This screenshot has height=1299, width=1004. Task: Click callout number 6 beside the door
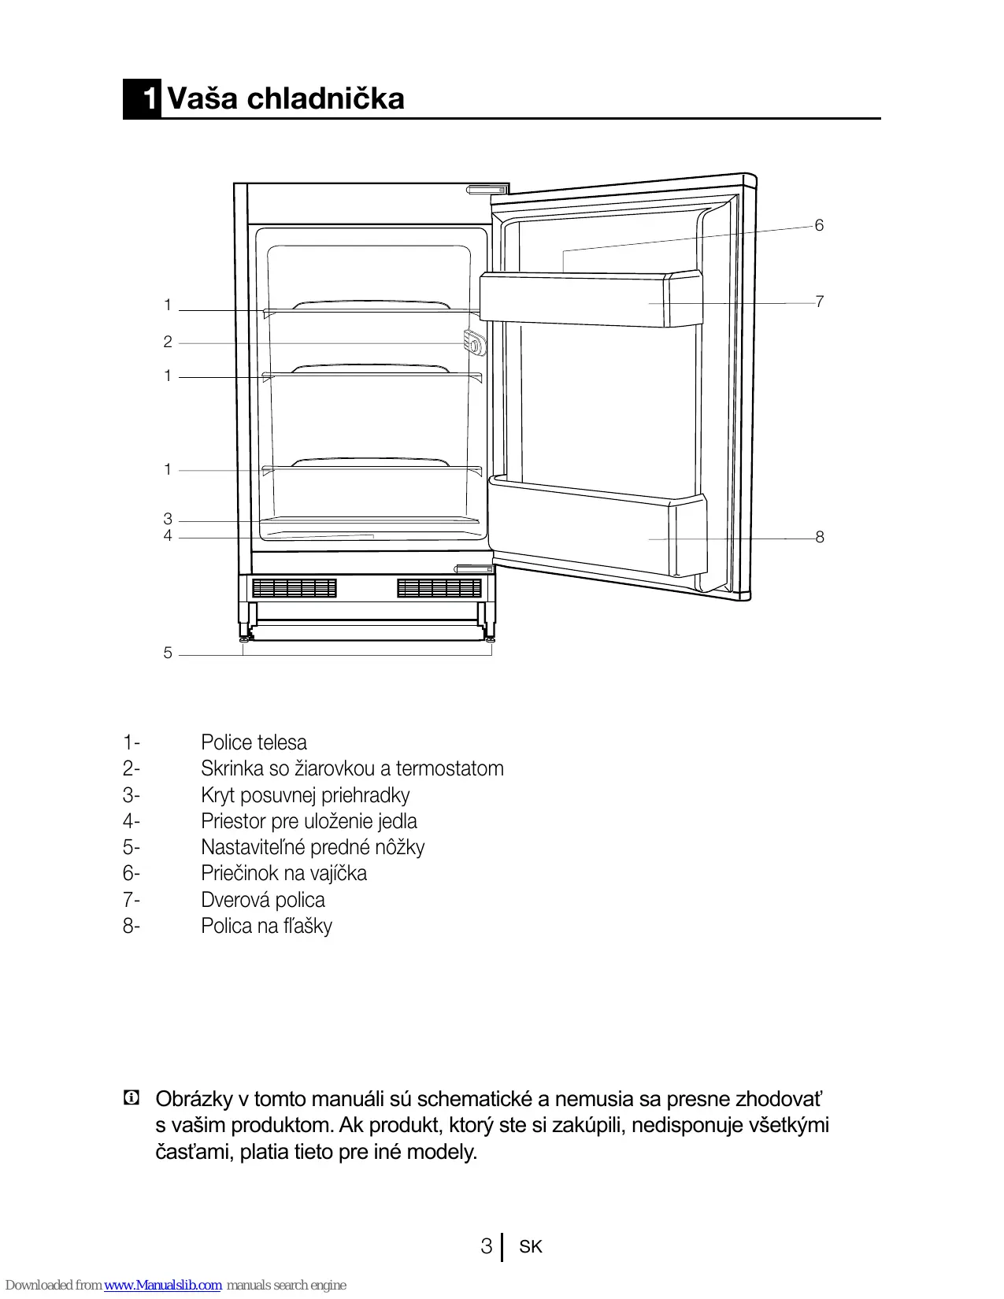point(819,226)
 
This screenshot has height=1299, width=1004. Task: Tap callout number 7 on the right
point(819,302)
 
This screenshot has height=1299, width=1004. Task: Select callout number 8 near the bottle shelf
point(819,537)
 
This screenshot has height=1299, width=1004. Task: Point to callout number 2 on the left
point(168,342)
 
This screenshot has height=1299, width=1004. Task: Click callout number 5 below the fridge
point(168,653)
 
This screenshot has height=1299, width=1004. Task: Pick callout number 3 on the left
point(168,519)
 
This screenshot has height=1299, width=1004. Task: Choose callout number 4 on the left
point(168,536)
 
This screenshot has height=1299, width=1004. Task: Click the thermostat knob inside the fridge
point(474,343)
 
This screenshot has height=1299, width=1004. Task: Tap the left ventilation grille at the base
point(295,588)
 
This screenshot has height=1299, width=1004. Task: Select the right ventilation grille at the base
point(439,588)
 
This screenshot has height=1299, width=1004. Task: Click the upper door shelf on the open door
point(591,299)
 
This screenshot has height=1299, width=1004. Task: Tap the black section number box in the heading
point(143,99)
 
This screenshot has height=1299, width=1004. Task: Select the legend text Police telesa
point(254,742)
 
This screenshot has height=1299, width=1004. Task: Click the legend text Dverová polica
point(262,900)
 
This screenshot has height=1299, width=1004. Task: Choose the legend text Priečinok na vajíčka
point(283,873)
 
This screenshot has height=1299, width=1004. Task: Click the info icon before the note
point(132,1097)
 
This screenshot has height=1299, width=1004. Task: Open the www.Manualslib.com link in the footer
point(163,1286)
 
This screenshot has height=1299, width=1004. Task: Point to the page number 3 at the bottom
point(487,1246)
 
